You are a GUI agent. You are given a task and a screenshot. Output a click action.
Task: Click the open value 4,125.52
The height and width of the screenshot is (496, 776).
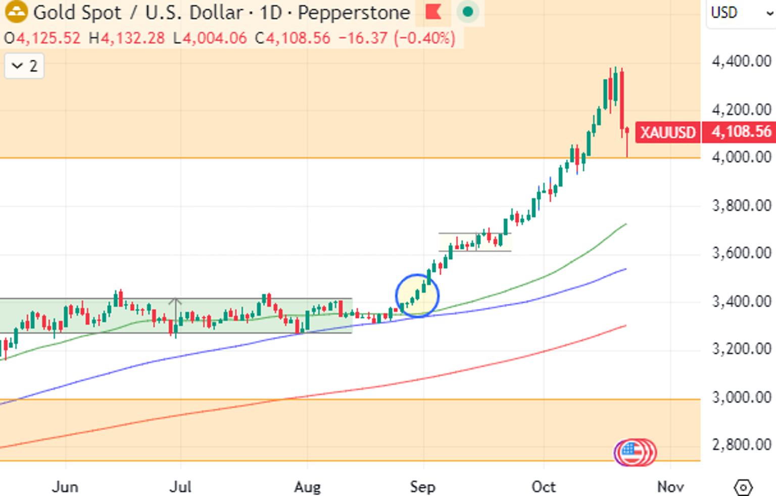point(48,38)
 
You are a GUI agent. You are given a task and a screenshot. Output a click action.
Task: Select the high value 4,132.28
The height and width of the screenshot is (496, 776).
point(133,38)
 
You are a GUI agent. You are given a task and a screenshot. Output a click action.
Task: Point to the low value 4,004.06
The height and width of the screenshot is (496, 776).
point(215,38)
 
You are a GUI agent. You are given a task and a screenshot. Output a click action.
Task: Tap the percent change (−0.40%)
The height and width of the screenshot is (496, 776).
point(425,38)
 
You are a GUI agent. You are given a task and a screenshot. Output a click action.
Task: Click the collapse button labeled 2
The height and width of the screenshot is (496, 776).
point(24,66)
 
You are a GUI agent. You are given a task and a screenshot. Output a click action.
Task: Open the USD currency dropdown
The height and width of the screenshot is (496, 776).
point(741,13)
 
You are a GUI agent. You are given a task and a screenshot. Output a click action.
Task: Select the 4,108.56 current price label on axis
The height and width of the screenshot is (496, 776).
point(741,132)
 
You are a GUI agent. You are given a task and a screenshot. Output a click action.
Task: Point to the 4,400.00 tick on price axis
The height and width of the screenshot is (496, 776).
point(742,62)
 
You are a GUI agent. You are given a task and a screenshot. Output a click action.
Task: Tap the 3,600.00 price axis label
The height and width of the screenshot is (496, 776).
point(742,253)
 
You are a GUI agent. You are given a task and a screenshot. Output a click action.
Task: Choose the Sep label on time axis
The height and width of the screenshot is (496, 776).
point(423,487)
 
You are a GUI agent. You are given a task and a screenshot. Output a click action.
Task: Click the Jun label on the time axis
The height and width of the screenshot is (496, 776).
point(65,487)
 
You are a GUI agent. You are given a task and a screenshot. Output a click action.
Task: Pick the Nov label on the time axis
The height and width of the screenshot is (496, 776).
point(671,487)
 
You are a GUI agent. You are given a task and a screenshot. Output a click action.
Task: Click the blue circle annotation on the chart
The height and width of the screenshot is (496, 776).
point(396,296)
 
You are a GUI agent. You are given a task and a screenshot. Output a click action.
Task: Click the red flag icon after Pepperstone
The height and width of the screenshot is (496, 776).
point(433,12)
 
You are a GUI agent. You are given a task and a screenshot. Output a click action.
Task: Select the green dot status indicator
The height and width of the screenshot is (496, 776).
point(468,12)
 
